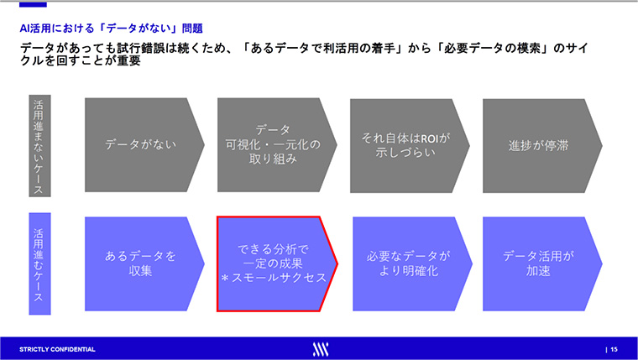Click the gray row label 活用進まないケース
tap(39, 146)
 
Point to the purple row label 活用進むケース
tap(39, 263)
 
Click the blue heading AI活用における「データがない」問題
tap(111, 29)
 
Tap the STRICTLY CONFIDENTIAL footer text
tap(57, 349)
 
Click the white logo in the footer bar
tap(321, 349)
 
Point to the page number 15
tap(614, 349)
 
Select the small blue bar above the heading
tap(33, 4)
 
